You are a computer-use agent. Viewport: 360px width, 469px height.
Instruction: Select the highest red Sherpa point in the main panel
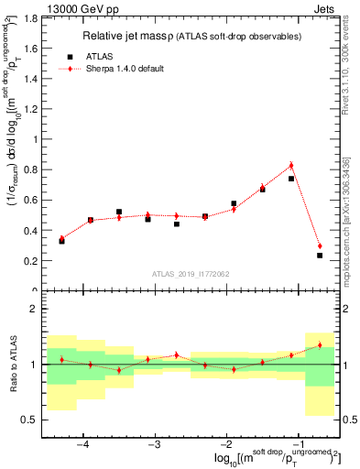(x=291, y=165)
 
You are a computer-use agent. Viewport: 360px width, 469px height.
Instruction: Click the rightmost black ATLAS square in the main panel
(x=320, y=256)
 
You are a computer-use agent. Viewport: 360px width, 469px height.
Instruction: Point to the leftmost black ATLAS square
(x=61, y=241)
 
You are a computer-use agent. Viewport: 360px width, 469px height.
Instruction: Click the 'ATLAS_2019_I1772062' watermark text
(x=191, y=273)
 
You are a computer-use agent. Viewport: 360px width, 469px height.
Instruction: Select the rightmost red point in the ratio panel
(x=320, y=345)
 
